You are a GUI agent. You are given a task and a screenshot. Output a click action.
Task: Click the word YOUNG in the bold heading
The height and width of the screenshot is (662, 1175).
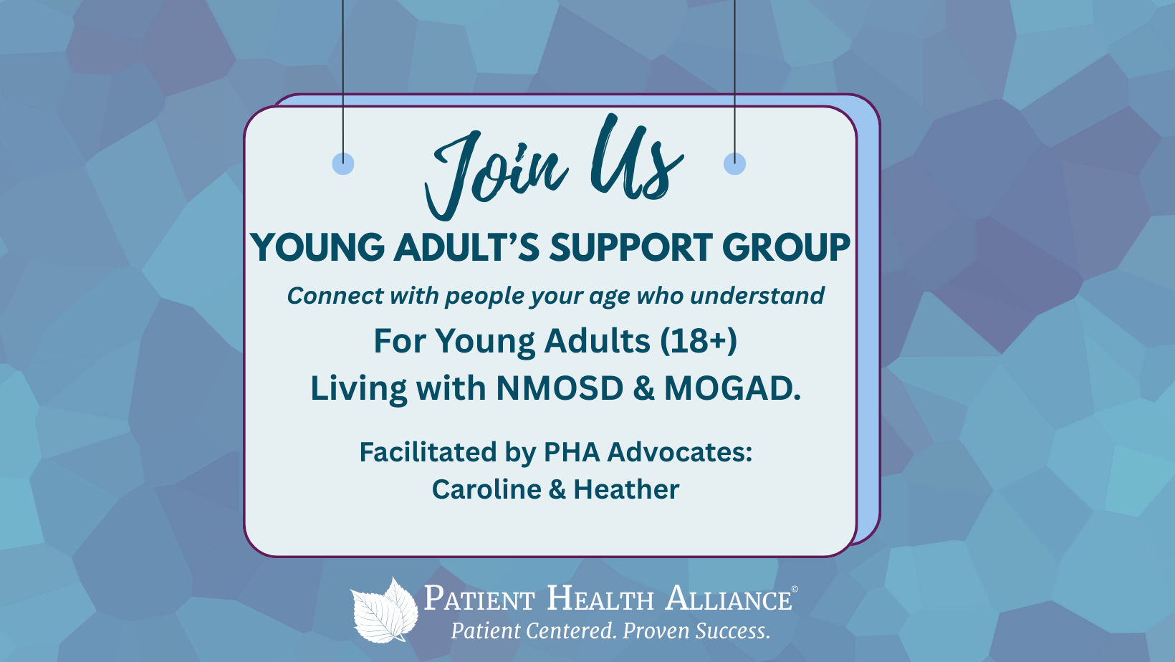(317, 247)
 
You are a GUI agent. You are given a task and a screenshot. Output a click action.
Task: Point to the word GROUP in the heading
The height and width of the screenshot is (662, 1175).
(786, 247)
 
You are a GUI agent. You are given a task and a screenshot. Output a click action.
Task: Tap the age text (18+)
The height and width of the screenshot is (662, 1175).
(698, 341)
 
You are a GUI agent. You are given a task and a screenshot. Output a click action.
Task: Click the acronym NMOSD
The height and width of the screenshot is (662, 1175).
(560, 388)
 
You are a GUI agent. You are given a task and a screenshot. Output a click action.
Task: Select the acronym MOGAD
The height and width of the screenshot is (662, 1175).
(732, 388)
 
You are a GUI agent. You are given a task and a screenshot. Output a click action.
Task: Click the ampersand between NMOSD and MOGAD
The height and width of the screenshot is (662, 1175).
(643, 389)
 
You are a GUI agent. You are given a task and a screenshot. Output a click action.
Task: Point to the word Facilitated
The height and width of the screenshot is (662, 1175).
(428, 451)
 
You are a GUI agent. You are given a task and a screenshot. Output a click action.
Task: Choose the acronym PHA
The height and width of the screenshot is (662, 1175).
(572, 451)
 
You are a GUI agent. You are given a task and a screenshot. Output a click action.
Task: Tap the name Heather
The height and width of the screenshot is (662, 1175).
(626, 489)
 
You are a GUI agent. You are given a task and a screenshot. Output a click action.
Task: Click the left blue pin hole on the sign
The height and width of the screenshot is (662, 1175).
(343, 163)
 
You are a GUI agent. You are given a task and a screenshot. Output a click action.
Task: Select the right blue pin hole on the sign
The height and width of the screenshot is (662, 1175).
(734, 163)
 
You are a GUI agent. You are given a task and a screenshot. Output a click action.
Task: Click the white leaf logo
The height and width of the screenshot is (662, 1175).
(385, 610)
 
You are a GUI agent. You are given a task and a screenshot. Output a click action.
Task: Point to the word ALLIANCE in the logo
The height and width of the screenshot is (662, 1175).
(729, 598)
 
